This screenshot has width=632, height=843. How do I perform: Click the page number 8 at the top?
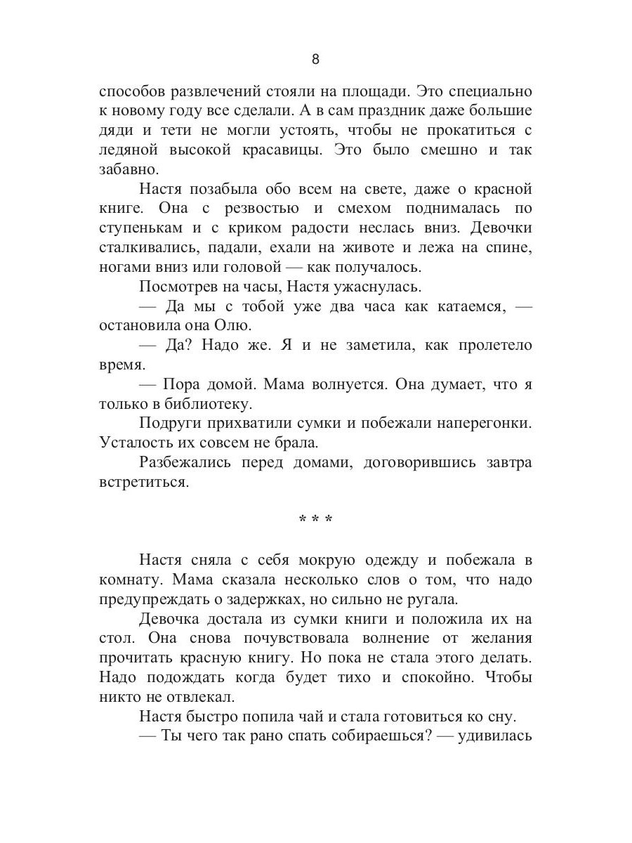315,59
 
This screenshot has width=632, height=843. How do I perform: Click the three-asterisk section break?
315,521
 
